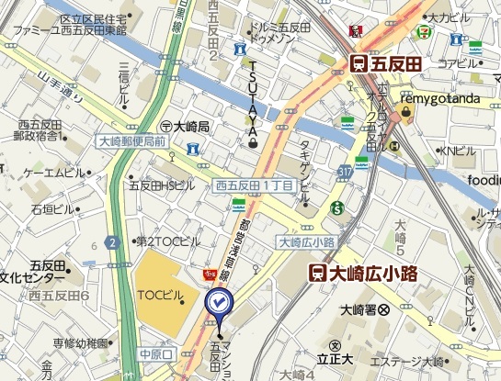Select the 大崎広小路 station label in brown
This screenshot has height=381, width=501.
click(x=362, y=272)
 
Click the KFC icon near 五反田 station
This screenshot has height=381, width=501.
click(x=355, y=30)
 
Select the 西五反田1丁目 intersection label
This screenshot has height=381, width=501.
click(x=254, y=185)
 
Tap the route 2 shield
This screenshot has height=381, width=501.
click(x=112, y=242)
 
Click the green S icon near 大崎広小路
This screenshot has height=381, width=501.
click(x=338, y=207)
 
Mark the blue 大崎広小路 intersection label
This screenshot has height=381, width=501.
click(x=306, y=242)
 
